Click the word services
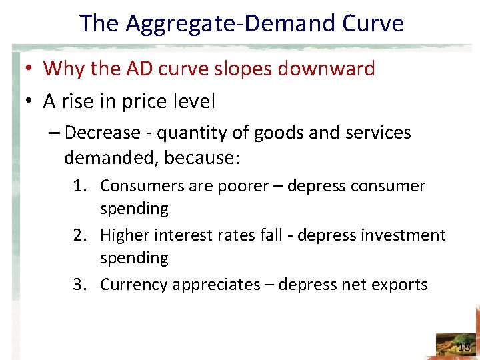tap(379, 133)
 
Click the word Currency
tap(134, 285)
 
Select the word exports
tap(397, 285)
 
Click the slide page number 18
tap(464, 347)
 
